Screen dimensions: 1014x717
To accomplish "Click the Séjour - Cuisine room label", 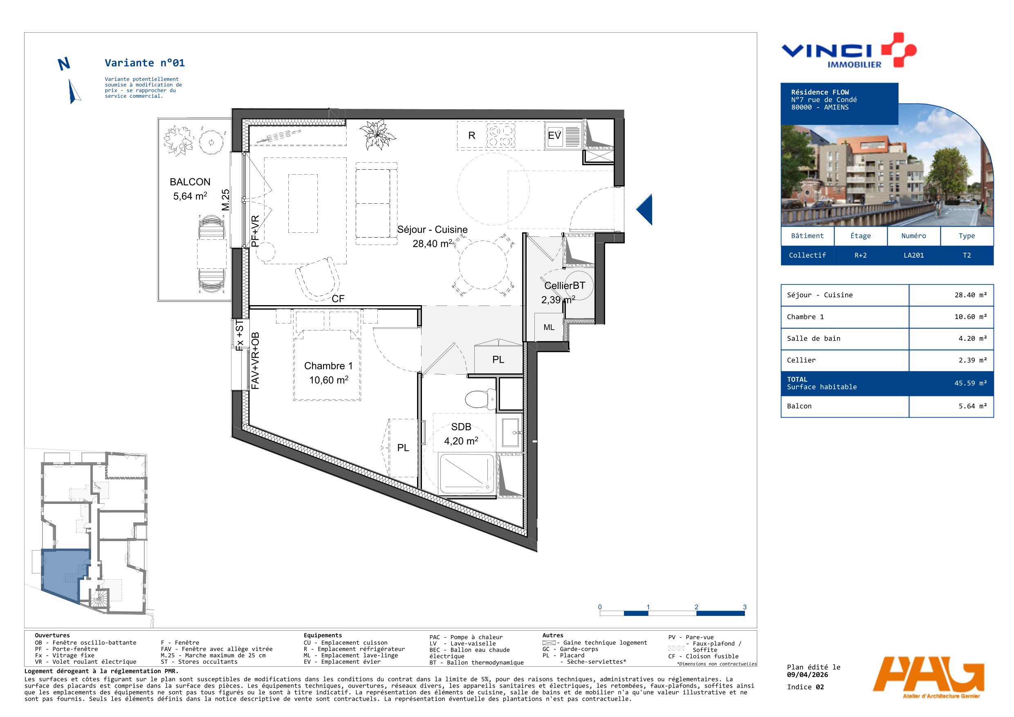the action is coord(432,229).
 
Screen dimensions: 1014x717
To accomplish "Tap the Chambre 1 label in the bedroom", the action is coord(328,366).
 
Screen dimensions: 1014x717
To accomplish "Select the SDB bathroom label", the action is coord(461,427).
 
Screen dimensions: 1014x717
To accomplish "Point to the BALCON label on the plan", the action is coord(190,182).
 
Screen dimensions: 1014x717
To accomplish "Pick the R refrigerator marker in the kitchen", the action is coord(472,136).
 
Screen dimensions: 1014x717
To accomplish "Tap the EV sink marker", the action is coord(554,135).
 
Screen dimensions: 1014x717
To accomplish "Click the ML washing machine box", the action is coord(549,327).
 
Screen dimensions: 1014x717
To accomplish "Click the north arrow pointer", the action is coord(74,92).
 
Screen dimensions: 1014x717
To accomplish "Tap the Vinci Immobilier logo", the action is coord(848,51).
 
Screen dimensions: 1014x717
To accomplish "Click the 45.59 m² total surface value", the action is coord(970,383).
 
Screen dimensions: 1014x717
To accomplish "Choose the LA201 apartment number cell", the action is coord(913,255).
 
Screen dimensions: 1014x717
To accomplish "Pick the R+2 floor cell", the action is coord(860,255).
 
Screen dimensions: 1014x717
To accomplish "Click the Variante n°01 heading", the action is coord(145,63).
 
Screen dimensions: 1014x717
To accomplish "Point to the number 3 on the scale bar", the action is coord(745,607).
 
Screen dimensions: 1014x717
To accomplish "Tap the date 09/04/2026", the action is coord(807,674).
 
